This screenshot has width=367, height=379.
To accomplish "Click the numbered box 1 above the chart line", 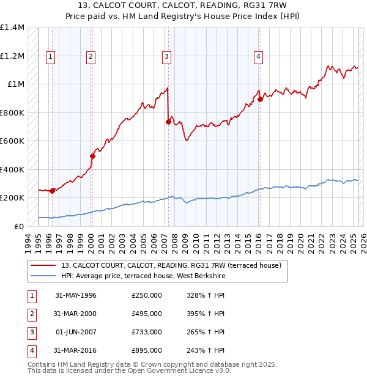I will (x=50, y=57).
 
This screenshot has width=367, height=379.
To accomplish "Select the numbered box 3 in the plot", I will (x=166, y=57).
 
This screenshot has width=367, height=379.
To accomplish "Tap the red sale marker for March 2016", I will (x=260, y=99).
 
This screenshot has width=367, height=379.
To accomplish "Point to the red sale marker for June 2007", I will (x=168, y=122).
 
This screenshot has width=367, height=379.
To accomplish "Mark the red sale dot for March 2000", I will (x=92, y=156).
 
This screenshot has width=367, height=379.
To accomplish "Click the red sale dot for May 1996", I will (x=53, y=191).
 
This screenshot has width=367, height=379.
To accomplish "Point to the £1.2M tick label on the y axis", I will (x=12, y=56).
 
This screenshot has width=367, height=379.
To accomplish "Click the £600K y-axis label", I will (x=12, y=141).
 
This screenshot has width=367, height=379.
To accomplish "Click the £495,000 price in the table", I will (x=147, y=314).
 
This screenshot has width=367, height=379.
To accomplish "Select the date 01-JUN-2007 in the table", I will (x=76, y=332).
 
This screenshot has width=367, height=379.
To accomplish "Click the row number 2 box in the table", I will (x=31, y=314).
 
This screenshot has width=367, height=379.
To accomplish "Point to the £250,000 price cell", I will (x=147, y=295).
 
